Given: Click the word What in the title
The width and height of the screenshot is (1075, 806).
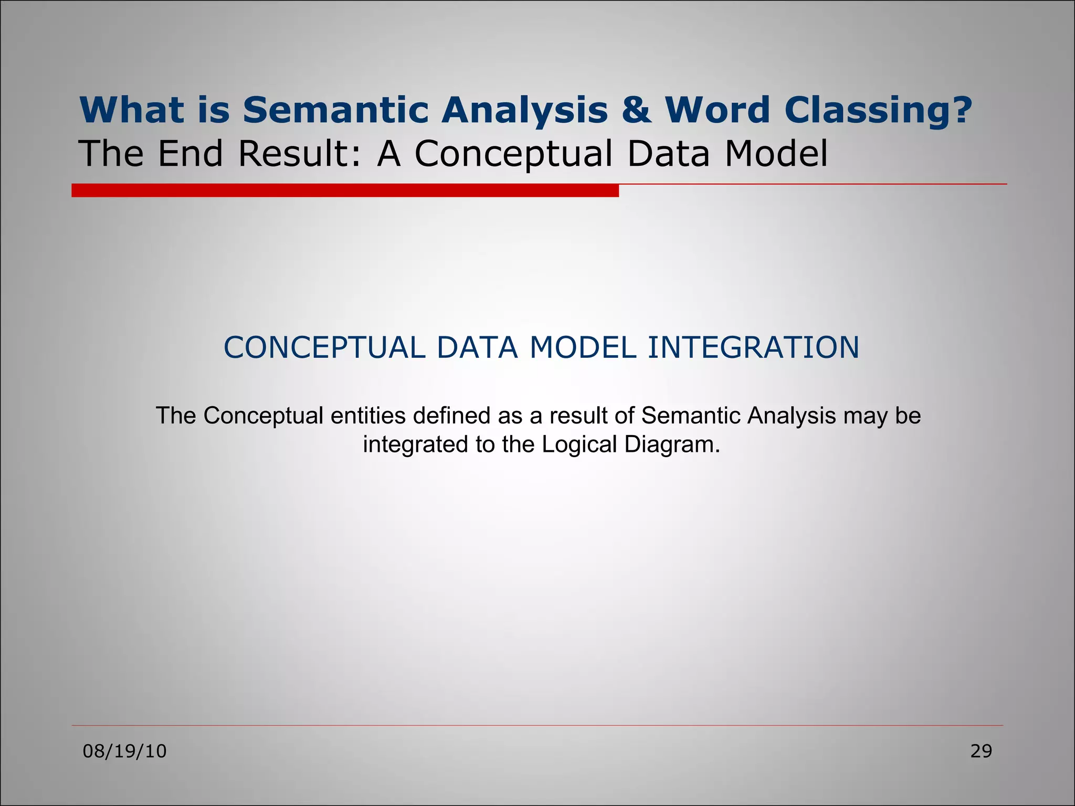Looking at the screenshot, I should coord(131,110).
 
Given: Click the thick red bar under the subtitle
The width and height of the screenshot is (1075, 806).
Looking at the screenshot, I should coord(345,190).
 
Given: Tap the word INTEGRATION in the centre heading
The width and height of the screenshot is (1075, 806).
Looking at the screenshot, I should coord(753,347).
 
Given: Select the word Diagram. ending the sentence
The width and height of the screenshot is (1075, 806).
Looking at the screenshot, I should coord(672,444).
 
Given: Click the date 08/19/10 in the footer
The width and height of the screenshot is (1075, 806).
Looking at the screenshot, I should coord(125,751).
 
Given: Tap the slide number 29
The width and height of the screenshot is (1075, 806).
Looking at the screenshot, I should coord(981,751).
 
